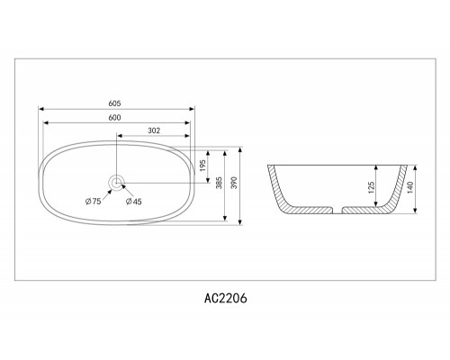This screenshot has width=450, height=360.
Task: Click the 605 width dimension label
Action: [x=114, y=103]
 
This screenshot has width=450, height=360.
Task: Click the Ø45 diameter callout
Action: [x=134, y=201]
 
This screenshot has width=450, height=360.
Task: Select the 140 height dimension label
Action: [x=409, y=189]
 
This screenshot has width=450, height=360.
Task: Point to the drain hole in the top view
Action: [x=116, y=183]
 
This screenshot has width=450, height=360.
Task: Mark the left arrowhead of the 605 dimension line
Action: [x=40, y=110]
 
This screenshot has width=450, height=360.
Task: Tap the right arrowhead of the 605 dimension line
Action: [x=192, y=110]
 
